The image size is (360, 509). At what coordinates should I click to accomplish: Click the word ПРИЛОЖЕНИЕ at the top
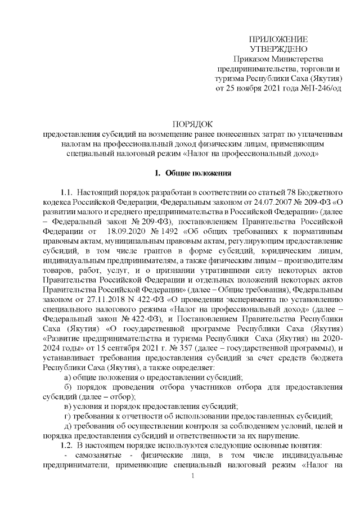278,39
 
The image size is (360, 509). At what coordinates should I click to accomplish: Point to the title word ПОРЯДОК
192,124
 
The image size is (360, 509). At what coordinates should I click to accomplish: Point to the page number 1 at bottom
192,477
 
